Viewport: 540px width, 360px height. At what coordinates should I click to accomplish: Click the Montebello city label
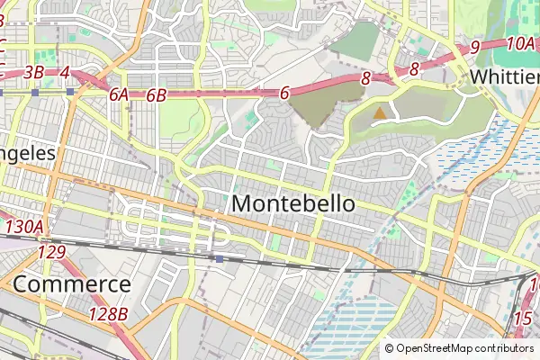[x=293, y=204]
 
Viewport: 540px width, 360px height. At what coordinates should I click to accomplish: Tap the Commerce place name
[x=72, y=285]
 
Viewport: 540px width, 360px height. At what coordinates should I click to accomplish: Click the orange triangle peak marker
[x=381, y=113]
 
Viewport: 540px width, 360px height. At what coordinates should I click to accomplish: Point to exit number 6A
[x=119, y=94]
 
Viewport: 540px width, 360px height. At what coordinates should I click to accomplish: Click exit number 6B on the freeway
[x=157, y=94]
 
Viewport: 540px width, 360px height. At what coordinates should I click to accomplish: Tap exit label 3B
[x=34, y=72]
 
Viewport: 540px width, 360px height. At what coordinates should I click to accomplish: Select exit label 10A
[x=521, y=42]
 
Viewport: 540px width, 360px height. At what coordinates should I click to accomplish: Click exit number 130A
[x=23, y=227]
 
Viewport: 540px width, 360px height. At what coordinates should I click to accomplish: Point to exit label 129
[x=51, y=253]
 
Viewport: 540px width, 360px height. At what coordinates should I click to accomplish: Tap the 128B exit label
[x=108, y=314]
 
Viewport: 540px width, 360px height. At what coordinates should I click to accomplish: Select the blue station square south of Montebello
[x=220, y=258]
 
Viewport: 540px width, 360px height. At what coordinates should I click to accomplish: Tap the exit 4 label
[x=65, y=72]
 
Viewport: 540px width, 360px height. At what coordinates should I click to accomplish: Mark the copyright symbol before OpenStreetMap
[x=389, y=348]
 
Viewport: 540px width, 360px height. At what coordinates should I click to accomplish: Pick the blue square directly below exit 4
[x=69, y=92]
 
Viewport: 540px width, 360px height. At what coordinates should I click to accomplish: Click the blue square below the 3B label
[x=34, y=92]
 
